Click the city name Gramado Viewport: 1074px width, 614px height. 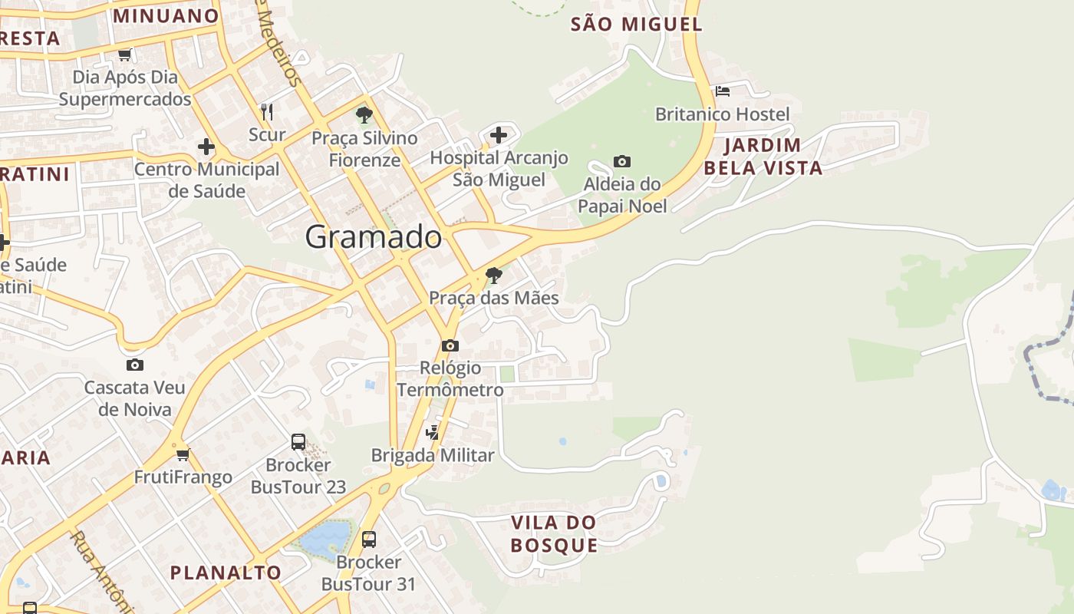click(374, 237)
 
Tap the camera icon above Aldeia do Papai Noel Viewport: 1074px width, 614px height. click(622, 161)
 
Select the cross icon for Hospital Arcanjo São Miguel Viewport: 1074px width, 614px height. click(499, 136)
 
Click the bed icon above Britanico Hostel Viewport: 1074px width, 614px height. click(722, 91)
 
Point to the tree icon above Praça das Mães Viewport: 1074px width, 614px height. click(494, 275)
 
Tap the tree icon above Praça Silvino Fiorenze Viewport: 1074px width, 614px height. click(364, 115)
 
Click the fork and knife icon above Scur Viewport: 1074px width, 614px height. click(267, 112)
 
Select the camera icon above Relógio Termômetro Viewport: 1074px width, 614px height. click(450, 345)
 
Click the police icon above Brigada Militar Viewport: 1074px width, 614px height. click(433, 432)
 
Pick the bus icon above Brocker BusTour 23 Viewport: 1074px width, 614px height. click(298, 442)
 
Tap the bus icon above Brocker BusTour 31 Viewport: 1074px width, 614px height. click(369, 540)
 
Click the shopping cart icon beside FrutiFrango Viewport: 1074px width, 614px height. click(183, 454)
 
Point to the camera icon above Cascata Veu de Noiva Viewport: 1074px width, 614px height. click(135, 365)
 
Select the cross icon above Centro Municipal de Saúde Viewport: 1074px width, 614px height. click(206, 147)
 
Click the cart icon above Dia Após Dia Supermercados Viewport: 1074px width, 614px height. click(125, 54)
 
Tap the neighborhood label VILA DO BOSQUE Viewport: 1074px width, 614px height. click(554, 534)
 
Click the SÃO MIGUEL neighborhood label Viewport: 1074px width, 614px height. click(637, 25)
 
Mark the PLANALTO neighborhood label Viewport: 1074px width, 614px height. click(226, 573)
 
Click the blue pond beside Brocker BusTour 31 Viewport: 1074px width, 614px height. click(325, 540)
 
